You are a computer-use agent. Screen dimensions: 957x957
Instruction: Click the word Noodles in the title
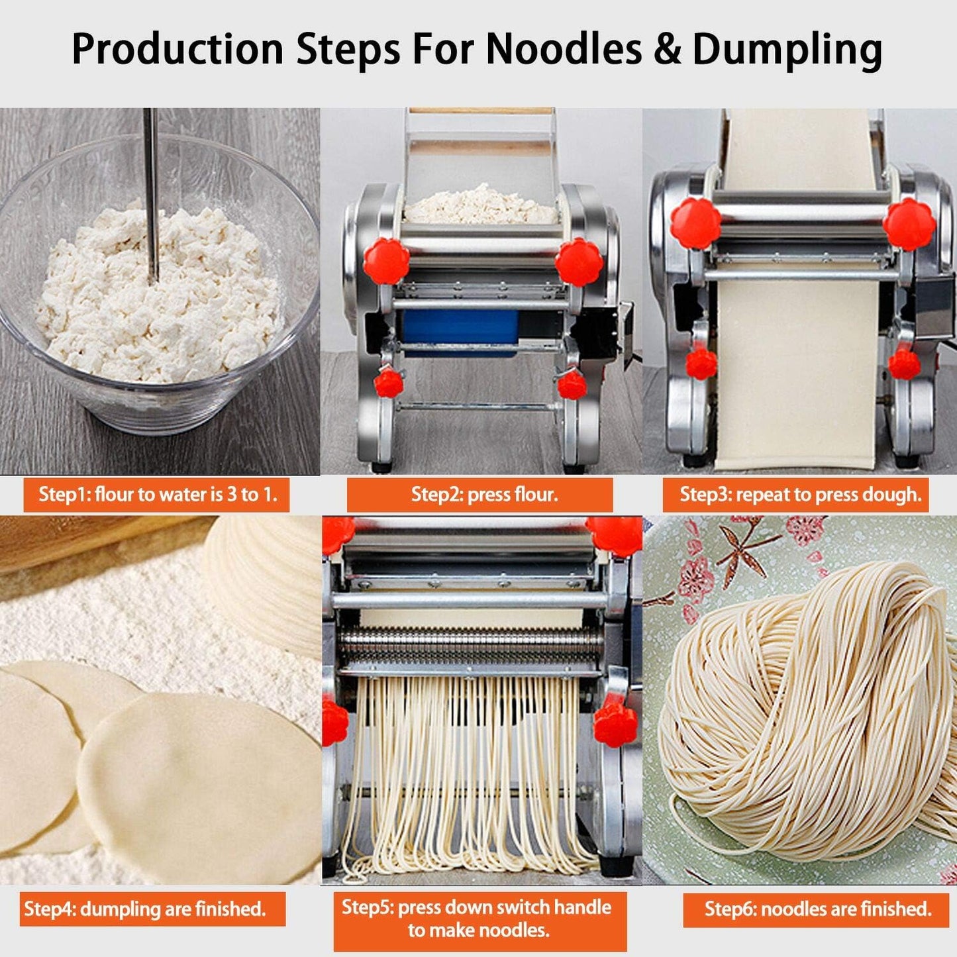pyautogui.click(x=562, y=48)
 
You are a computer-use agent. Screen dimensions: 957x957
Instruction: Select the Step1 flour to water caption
pyautogui.click(x=157, y=495)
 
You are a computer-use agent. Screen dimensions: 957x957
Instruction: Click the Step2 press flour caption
pyautogui.click(x=480, y=495)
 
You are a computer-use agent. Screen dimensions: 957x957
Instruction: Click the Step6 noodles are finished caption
pyautogui.click(x=817, y=909)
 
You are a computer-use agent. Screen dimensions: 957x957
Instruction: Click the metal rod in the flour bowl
pyautogui.click(x=152, y=192)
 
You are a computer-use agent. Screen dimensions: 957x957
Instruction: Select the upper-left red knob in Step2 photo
pyautogui.click(x=386, y=260)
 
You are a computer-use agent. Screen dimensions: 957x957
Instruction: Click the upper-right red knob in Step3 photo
pyautogui.click(x=909, y=225)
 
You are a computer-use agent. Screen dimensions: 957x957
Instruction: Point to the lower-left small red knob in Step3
pyautogui.click(x=701, y=364)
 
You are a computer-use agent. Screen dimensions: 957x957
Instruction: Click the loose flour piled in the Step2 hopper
pyautogui.click(x=480, y=205)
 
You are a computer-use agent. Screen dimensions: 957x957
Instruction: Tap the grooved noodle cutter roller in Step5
pyautogui.click(x=470, y=646)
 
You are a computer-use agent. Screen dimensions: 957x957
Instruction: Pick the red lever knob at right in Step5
pyautogui.click(x=615, y=724)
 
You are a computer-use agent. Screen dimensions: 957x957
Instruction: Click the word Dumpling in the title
pyautogui.click(x=787, y=50)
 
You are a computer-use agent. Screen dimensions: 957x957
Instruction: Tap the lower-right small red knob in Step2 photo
pyautogui.click(x=571, y=385)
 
